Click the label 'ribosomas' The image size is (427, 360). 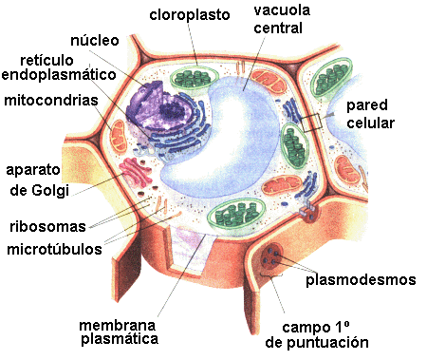point(46,227)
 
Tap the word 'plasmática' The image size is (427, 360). point(118,337)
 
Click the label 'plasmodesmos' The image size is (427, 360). point(362,280)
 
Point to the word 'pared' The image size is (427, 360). point(368,104)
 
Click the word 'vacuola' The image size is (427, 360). point(279,13)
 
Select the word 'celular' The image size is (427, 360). point(370,123)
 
